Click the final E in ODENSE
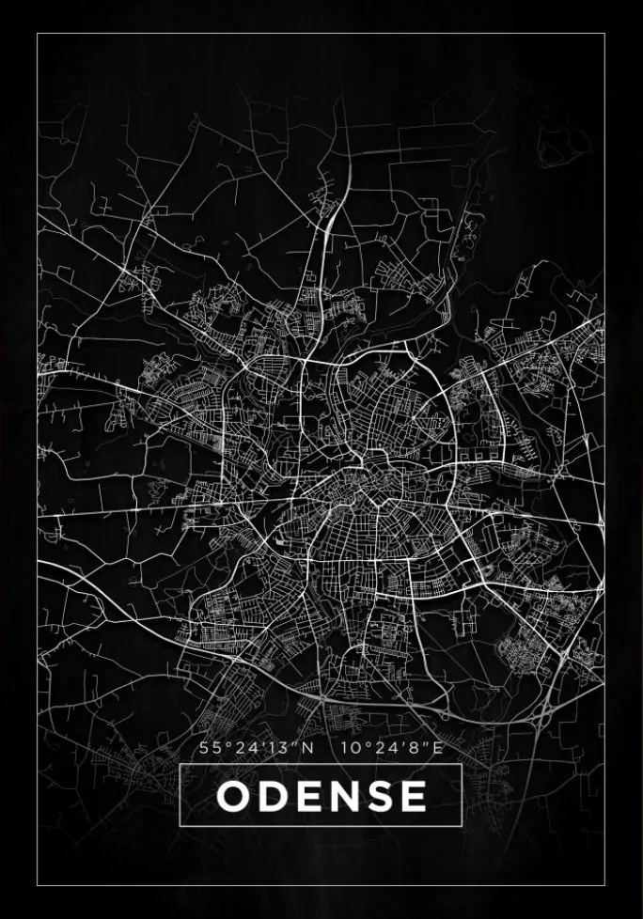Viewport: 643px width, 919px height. (411, 797)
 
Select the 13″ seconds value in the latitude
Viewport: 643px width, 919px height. (284, 749)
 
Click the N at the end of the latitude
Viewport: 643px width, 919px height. (307, 749)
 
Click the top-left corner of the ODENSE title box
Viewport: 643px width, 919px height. (180, 764)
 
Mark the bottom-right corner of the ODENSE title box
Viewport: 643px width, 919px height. (462, 826)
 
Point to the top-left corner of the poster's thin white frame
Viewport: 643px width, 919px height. (38, 34)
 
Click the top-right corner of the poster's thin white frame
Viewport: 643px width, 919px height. (604, 34)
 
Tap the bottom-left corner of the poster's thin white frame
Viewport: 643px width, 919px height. (38, 885)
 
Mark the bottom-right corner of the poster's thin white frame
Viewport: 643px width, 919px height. (604, 885)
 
